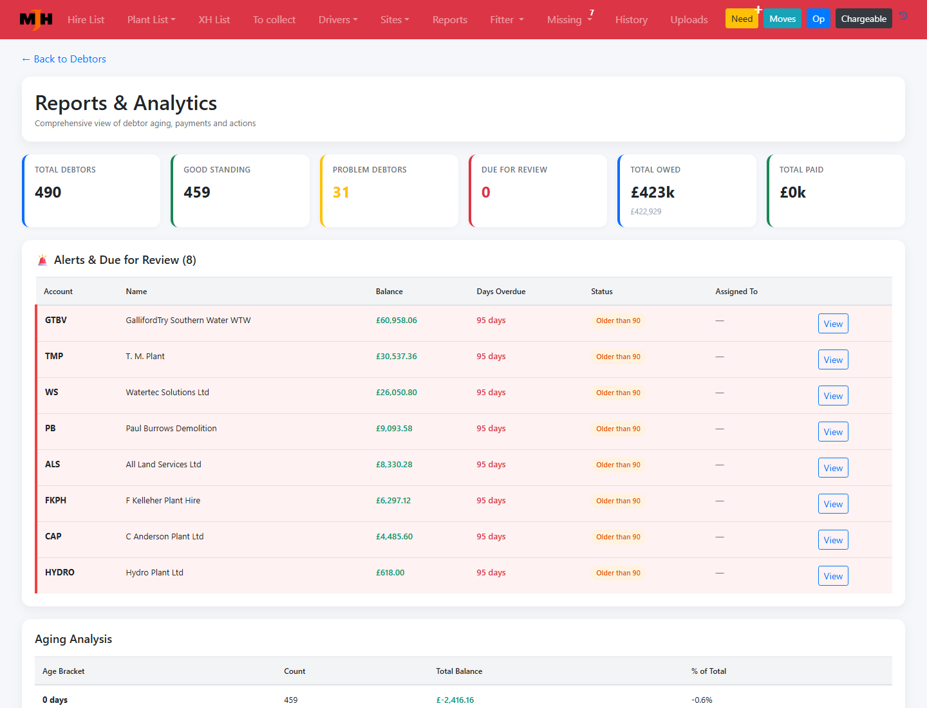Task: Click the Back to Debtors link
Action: click(x=64, y=59)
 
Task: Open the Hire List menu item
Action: click(x=86, y=19)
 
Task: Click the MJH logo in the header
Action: click(x=36, y=19)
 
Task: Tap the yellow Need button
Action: click(x=742, y=19)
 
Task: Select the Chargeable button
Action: click(x=864, y=19)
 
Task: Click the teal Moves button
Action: click(x=782, y=19)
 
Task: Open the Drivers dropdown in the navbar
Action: click(x=338, y=19)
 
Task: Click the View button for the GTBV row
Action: click(x=833, y=323)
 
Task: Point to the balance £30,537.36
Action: click(x=396, y=357)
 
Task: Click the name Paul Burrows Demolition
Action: click(x=171, y=428)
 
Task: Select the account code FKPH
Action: click(x=56, y=500)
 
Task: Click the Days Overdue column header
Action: click(x=501, y=292)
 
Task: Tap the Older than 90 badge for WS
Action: click(x=618, y=393)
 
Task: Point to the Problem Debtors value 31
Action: click(x=341, y=192)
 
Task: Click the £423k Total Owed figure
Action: click(x=653, y=192)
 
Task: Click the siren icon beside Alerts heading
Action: click(x=42, y=260)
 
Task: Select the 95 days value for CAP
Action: click(x=491, y=537)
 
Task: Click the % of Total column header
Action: click(x=709, y=671)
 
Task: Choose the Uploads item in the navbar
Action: click(x=689, y=19)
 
